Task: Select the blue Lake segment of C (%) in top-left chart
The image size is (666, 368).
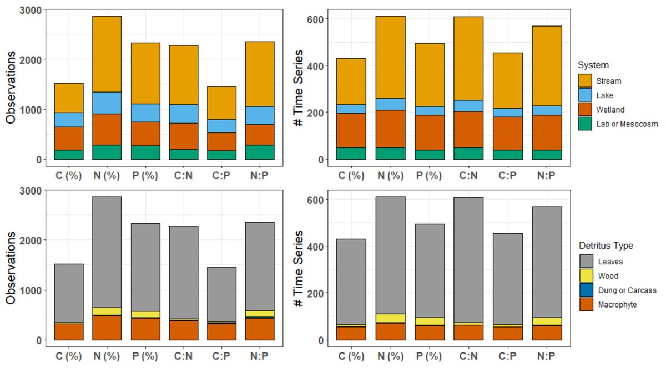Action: (x=69, y=120)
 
